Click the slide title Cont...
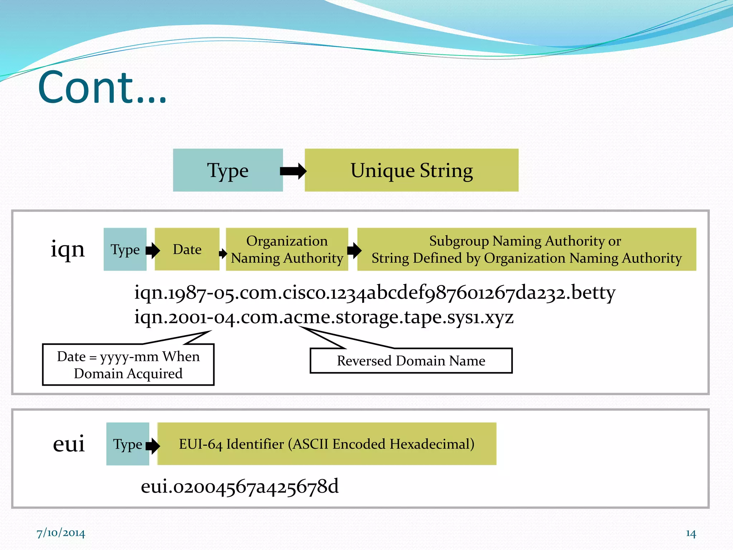coord(102,88)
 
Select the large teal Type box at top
coord(228,170)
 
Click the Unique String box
coord(411,170)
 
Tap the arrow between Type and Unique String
coord(293,171)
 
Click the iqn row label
coord(68,249)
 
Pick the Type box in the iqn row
coord(125,249)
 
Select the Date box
coord(187,249)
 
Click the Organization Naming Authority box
coord(287,249)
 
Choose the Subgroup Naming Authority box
coord(526,249)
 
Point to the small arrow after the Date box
coord(223,254)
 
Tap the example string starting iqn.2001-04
coord(324,317)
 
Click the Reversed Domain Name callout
coord(411,361)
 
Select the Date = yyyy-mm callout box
coord(128,365)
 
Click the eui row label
coord(69,444)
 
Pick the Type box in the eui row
coord(127,444)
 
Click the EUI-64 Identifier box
coord(326,444)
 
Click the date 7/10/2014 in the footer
coord(61,533)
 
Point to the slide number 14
coord(690,534)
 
